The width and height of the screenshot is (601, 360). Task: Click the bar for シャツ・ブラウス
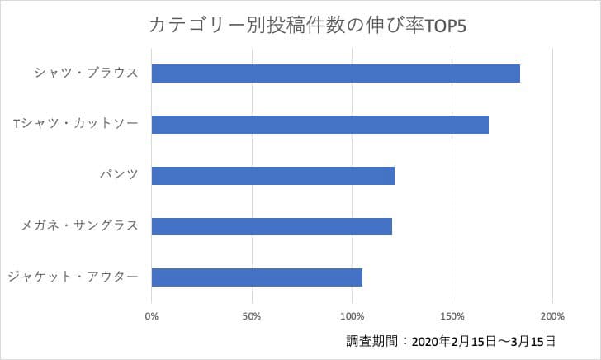click(x=336, y=73)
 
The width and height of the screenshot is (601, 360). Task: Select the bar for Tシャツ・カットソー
click(x=320, y=124)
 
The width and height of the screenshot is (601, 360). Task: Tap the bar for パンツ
click(x=273, y=175)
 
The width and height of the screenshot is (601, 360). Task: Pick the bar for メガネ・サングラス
click(x=272, y=226)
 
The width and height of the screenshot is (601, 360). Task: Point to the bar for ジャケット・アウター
click(x=257, y=277)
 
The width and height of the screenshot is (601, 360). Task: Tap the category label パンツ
click(x=117, y=175)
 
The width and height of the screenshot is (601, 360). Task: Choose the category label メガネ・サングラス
click(x=79, y=226)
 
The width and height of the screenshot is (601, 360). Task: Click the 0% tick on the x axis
click(x=152, y=315)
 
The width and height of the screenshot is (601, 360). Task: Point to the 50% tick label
click(x=252, y=315)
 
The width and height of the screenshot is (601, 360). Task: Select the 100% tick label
click(x=353, y=315)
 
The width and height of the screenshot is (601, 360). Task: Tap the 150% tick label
click(x=452, y=315)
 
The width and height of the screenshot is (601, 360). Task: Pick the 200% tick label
click(x=552, y=315)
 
